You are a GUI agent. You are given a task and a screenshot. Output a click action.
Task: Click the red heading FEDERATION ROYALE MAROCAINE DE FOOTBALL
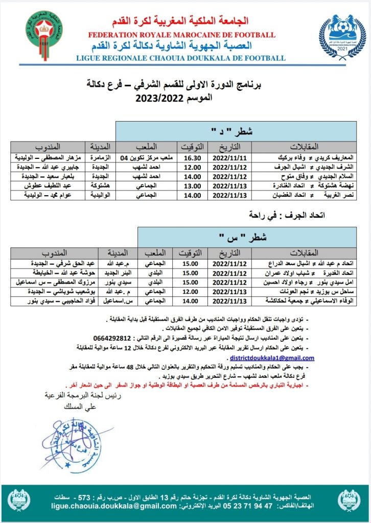tap(181, 35)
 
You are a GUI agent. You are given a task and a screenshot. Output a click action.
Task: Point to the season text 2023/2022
tap(160, 100)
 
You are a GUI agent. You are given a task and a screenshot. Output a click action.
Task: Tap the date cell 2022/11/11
tap(230, 158)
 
